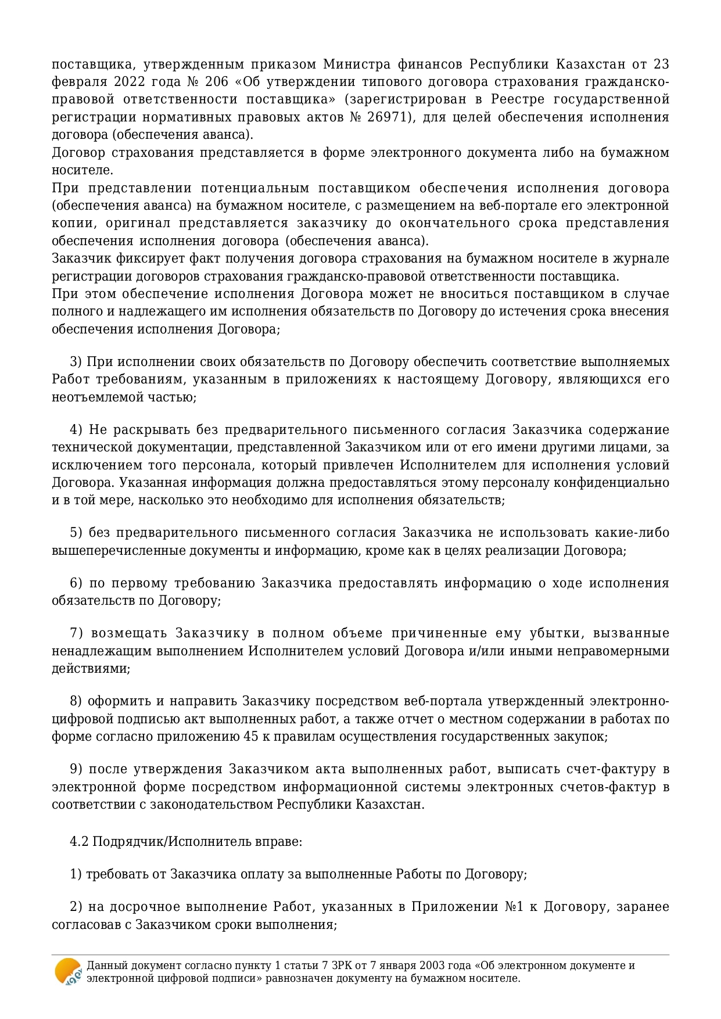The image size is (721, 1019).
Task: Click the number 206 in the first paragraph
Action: click(x=217, y=81)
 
